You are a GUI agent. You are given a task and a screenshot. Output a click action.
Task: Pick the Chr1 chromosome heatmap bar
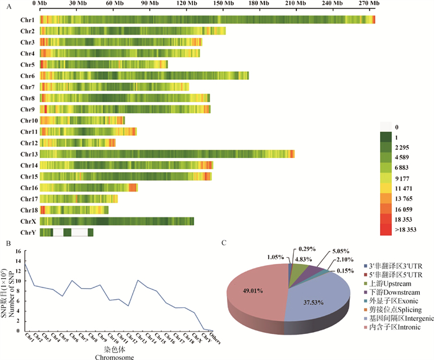pos(208,20)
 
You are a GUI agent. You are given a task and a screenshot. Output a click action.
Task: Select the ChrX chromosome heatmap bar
pos(117,221)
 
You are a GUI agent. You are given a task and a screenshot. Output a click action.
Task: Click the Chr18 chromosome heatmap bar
pos(74,210)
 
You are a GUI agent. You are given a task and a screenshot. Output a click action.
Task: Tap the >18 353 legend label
pos(405,229)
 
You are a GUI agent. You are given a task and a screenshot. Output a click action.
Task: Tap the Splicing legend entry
pos(395,308)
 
